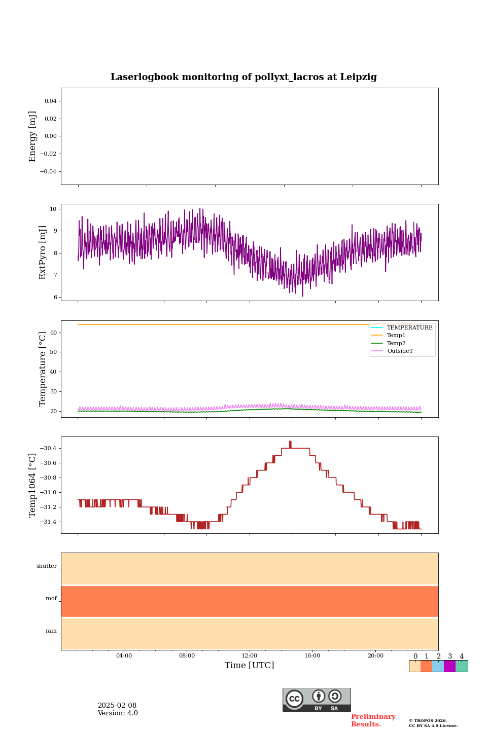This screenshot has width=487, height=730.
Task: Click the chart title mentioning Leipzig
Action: pyautogui.click(x=243, y=77)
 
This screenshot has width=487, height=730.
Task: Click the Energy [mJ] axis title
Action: pyautogui.click(x=33, y=136)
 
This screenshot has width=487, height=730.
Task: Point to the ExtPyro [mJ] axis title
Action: pyautogui.click(x=43, y=252)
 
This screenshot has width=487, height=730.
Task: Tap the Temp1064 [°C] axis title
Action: pyautogui.click(x=33, y=485)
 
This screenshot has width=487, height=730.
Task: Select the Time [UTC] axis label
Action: pyautogui.click(x=249, y=665)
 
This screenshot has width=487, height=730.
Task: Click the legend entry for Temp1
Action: pyautogui.click(x=396, y=336)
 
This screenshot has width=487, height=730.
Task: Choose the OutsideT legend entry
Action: pyautogui.click(x=400, y=351)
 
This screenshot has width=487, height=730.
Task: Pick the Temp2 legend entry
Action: pyautogui.click(x=396, y=343)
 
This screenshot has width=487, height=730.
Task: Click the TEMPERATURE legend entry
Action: pyautogui.click(x=409, y=327)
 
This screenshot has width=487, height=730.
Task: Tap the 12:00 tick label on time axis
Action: pyautogui.click(x=249, y=655)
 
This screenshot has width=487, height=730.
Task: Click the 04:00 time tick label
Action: pyautogui.click(x=124, y=655)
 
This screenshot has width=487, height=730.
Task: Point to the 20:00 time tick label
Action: pyautogui.click(x=375, y=655)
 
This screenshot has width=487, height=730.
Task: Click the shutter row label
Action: pyautogui.click(x=47, y=566)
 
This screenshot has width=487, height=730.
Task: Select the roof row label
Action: pyautogui.click(x=51, y=599)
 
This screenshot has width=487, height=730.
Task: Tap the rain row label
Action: pyautogui.click(x=51, y=631)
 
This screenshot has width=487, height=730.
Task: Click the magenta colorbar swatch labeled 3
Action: pyautogui.click(x=449, y=666)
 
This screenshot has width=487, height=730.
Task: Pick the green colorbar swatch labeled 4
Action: pyautogui.click(x=462, y=666)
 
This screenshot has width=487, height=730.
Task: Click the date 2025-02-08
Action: pyautogui.click(x=117, y=706)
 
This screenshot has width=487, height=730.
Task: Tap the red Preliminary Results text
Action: pyautogui.click(x=373, y=720)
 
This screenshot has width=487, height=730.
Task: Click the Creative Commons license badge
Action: pyautogui.click(x=317, y=700)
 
